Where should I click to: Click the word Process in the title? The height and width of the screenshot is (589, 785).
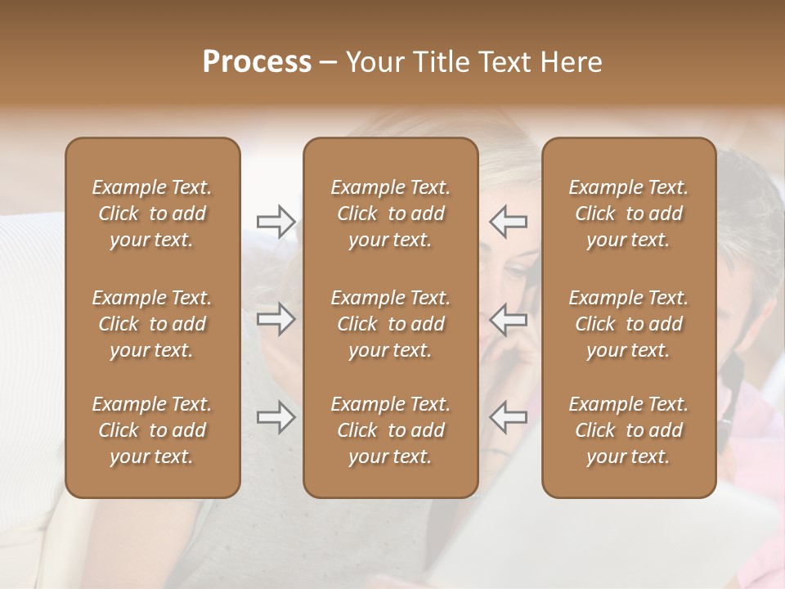[257, 62]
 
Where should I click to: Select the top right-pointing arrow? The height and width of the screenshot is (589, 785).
[276, 222]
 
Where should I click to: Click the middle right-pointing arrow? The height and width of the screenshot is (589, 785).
[276, 319]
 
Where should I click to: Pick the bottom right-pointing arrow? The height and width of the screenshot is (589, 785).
[276, 417]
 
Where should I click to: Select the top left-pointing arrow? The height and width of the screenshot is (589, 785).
[509, 222]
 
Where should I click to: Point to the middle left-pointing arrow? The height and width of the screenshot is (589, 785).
[509, 319]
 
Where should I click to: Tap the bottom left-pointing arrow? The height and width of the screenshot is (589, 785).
[509, 417]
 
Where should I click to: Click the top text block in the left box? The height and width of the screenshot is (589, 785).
[152, 214]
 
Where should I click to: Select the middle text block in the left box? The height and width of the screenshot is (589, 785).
[152, 324]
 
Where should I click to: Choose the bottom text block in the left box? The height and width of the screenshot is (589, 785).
[152, 430]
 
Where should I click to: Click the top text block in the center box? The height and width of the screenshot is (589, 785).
[390, 214]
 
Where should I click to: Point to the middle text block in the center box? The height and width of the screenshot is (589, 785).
[390, 324]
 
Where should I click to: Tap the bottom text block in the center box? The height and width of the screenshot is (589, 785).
[390, 430]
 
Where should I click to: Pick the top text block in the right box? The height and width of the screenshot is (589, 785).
[629, 214]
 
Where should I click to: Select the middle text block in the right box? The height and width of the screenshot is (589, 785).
[629, 324]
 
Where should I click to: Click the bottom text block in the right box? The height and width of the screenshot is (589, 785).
[629, 430]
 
